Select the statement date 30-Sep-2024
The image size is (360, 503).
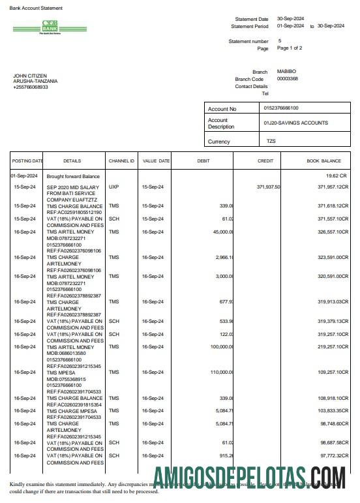[291, 19]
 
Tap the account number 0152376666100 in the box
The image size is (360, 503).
[281, 108]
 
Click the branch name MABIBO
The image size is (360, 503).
[286, 71]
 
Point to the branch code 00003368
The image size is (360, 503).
[288, 78]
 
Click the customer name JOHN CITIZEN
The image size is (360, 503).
[30, 76]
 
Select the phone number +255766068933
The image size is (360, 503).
[31, 87]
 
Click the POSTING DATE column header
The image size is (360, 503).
[27, 160]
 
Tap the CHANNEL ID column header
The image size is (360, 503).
[121, 160]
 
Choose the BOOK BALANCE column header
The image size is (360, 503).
[324, 160]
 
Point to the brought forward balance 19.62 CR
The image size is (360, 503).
[337, 176]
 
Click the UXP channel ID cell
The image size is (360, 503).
[114, 187]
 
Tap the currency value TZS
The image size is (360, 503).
[271, 141]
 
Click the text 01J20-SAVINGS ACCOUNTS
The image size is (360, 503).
[295, 123]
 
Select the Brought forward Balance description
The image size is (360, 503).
[73, 176]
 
